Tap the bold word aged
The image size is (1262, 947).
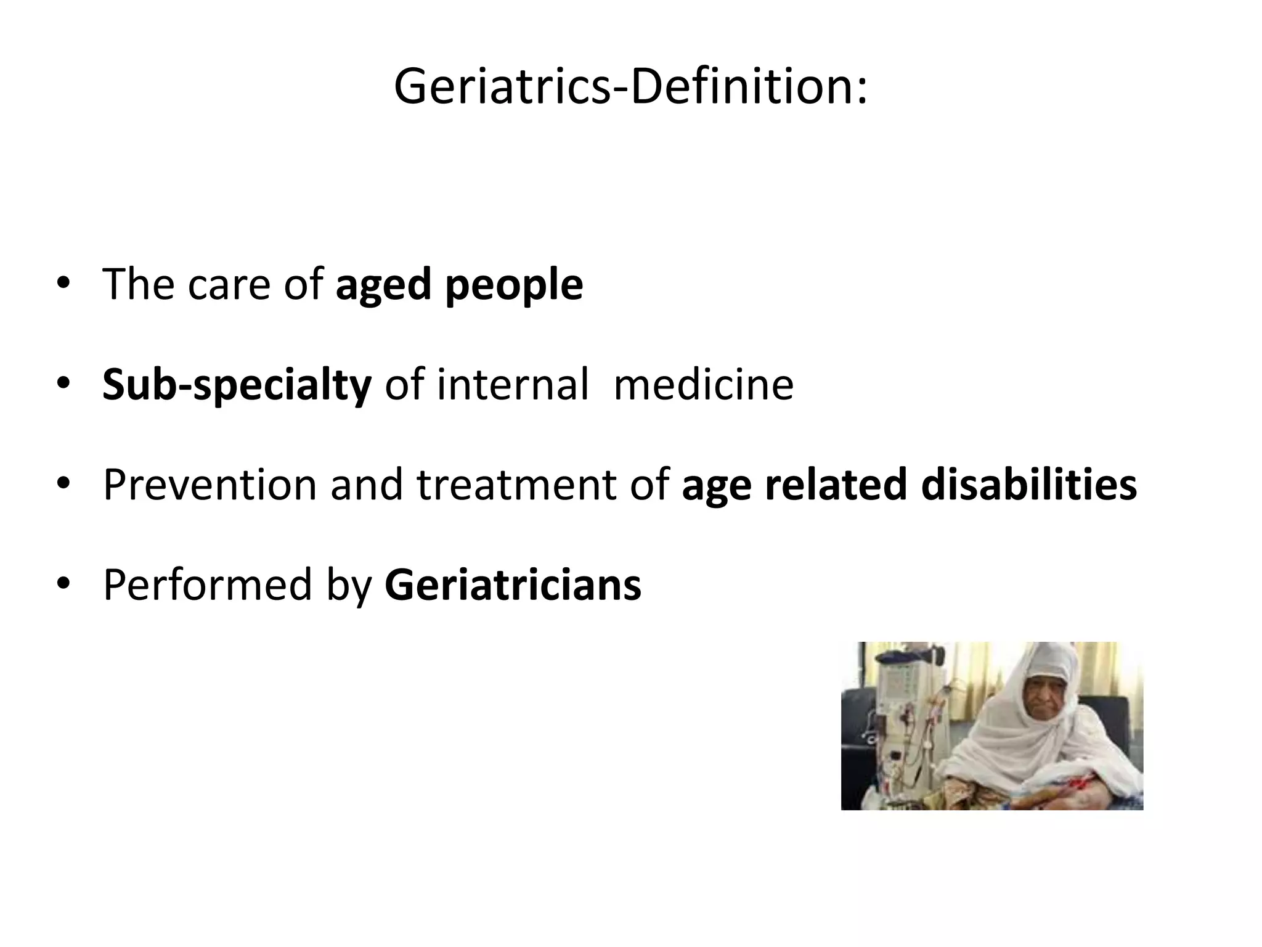383,286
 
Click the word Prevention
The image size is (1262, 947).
210,485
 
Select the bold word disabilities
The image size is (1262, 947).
1028,485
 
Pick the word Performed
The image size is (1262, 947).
207,584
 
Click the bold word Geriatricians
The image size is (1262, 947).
513,584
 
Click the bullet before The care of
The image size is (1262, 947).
63,285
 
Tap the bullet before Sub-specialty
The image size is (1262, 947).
63,385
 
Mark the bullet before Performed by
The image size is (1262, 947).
63,584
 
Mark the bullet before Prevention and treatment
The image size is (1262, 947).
63,484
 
